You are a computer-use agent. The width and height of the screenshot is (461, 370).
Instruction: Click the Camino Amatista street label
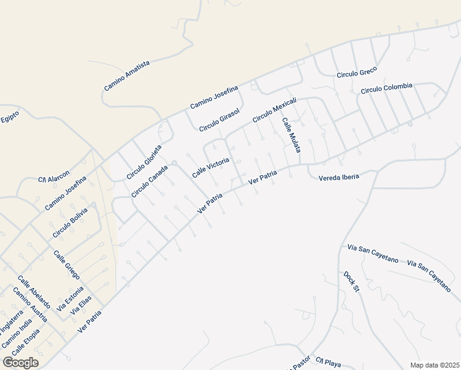(x=127, y=76)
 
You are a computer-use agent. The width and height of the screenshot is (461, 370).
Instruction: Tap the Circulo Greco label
(x=356, y=74)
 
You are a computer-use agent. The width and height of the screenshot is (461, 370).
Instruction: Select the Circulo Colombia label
(x=386, y=88)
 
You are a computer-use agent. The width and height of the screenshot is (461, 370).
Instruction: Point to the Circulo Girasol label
(x=218, y=119)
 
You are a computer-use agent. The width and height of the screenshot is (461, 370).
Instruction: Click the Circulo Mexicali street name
(x=275, y=109)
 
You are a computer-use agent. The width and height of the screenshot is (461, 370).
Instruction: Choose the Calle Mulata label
(x=292, y=136)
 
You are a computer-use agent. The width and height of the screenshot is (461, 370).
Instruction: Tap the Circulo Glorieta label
(x=144, y=163)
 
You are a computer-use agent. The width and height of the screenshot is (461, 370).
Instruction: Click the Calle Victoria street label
(x=211, y=167)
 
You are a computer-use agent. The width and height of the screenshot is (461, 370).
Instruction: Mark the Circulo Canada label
(x=149, y=181)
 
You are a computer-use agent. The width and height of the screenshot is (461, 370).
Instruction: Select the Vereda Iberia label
(x=338, y=178)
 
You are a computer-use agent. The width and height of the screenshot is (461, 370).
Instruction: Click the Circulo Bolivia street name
(x=70, y=222)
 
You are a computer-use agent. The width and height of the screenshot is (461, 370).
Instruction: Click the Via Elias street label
(x=81, y=306)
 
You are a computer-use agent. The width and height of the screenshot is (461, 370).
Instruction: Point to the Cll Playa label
(x=328, y=362)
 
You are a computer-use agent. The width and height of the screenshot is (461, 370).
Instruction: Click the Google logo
(x=21, y=362)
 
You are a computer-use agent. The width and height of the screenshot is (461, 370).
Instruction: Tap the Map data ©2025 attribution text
(x=434, y=365)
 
